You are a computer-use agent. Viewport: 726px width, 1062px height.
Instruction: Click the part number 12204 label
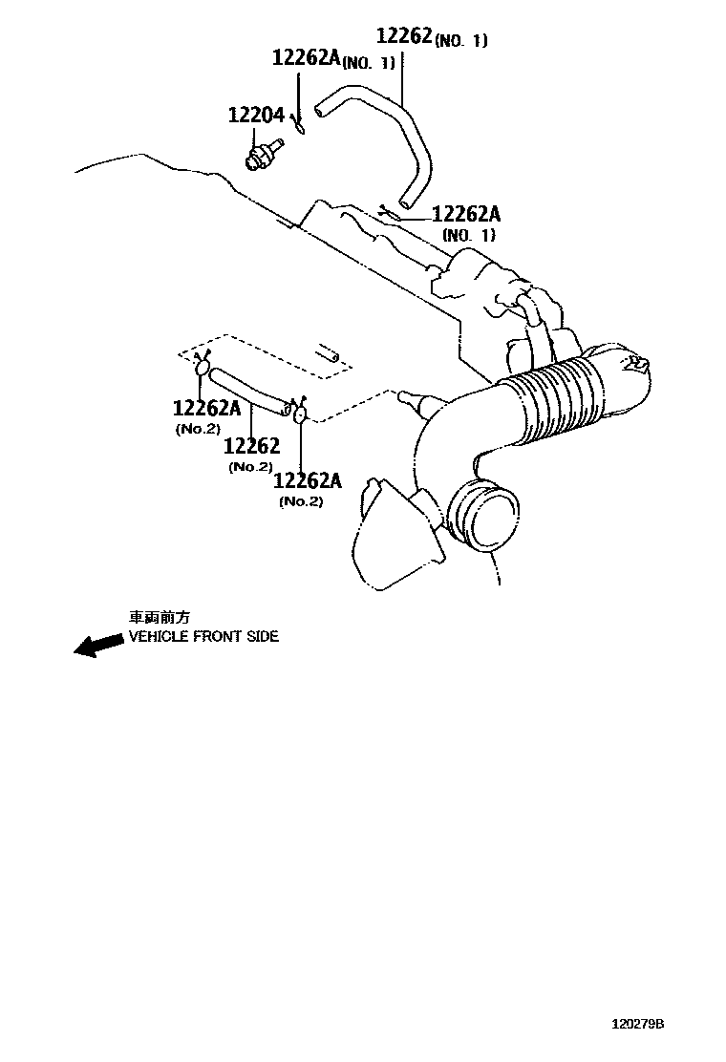256,116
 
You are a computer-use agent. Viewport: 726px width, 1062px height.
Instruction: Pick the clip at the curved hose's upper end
299,125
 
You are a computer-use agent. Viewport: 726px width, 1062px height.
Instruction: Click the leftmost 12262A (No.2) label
206,409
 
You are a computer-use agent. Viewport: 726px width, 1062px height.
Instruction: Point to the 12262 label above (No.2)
252,446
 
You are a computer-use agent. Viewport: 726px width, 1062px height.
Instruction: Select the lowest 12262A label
308,480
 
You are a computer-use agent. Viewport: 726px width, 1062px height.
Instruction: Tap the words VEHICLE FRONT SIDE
203,636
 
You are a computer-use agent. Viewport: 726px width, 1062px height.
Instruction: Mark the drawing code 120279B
637,1024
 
